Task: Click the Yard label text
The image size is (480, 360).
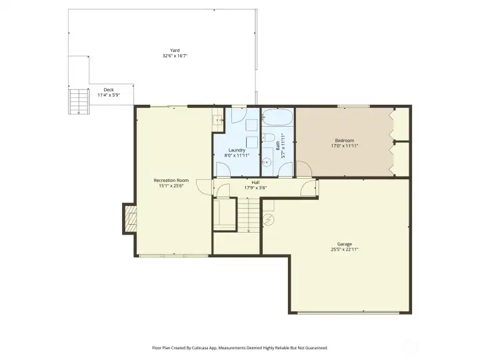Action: [x=175, y=51]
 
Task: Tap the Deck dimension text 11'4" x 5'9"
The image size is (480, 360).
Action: [x=109, y=95]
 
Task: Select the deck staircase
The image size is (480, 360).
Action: [x=79, y=101]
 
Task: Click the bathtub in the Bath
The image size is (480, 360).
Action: [x=277, y=117]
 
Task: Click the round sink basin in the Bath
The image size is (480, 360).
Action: [x=267, y=161]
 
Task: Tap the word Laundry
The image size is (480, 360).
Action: [x=237, y=150]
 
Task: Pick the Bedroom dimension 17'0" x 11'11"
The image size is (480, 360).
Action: [x=345, y=146]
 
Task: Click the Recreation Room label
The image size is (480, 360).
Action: [x=171, y=180]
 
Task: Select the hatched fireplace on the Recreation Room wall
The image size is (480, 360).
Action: [x=131, y=218]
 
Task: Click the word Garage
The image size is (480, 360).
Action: [x=345, y=244]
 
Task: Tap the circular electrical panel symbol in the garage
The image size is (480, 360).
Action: [x=268, y=219]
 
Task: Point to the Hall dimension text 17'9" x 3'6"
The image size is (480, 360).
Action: [x=255, y=187]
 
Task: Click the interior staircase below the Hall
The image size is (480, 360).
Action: [x=249, y=215]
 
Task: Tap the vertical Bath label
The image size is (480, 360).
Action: [x=277, y=145]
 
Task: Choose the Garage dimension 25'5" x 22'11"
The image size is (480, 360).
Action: [x=345, y=249]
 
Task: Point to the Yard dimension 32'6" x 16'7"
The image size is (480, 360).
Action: [x=175, y=56]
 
